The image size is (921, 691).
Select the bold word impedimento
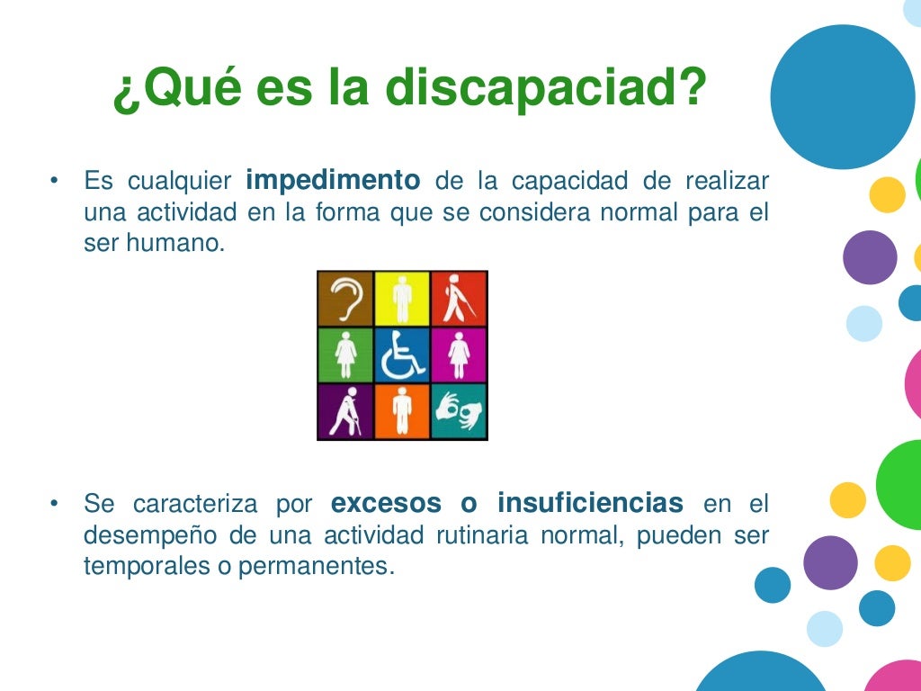[332, 181]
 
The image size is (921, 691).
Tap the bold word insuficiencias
[590, 502]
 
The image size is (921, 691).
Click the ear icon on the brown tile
[345, 299]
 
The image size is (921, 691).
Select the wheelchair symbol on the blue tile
[402, 355]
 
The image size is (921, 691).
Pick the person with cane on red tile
[459, 299]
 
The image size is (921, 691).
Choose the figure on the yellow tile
[402, 299]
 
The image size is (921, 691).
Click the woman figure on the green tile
[345, 355]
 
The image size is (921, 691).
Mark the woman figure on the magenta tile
[459, 355]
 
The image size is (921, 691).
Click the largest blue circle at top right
[842, 97]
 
